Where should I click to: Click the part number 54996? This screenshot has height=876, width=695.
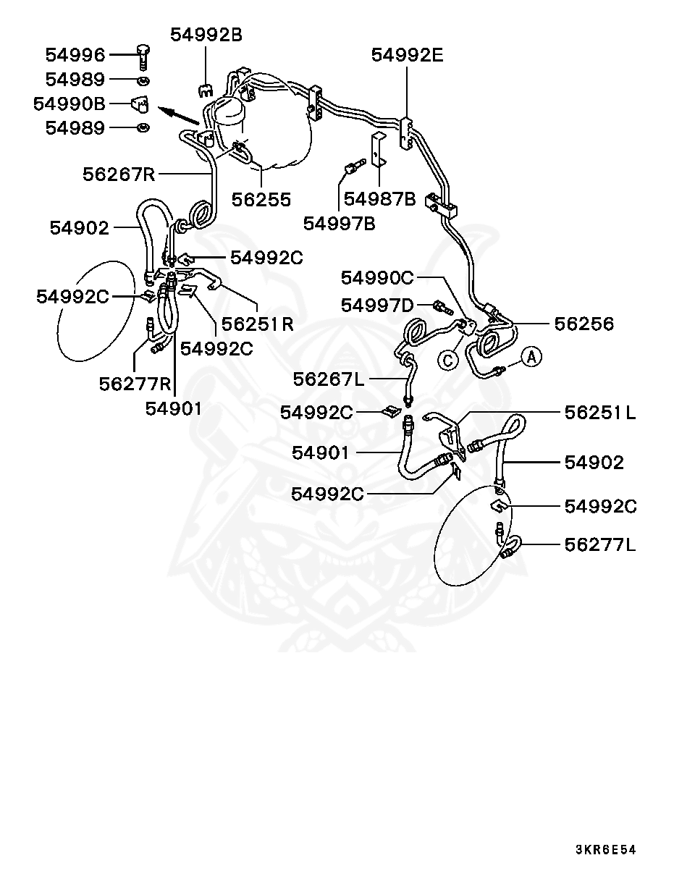pyautogui.click(x=75, y=54)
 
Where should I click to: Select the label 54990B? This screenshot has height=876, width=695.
pyautogui.click(x=69, y=104)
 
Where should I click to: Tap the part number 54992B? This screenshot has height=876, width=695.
pyautogui.click(x=206, y=35)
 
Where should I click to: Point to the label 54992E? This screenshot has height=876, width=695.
pyautogui.click(x=407, y=55)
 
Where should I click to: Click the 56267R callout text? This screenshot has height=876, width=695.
pyautogui.click(x=119, y=174)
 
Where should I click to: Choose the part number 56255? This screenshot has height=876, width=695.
pyautogui.click(x=261, y=199)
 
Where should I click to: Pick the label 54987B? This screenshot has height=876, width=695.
pyautogui.click(x=379, y=199)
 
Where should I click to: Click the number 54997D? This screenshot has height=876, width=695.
pyautogui.click(x=377, y=306)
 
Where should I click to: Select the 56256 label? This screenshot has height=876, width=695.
pyautogui.click(x=584, y=324)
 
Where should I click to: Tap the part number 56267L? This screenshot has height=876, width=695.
pyautogui.click(x=329, y=378)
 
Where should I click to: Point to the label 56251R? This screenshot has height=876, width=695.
pyautogui.click(x=258, y=324)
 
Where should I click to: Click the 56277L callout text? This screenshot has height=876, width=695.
pyautogui.click(x=600, y=544)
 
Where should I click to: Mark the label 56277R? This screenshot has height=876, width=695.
pyautogui.click(x=135, y=384)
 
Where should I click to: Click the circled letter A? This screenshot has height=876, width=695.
pyautogui.click(x=531, y=356)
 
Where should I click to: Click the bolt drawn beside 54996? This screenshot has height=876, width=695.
pyautogui.click(x=142, y=55)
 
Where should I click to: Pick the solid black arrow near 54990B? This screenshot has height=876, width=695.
pyautogui.click(x=179, y=114)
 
